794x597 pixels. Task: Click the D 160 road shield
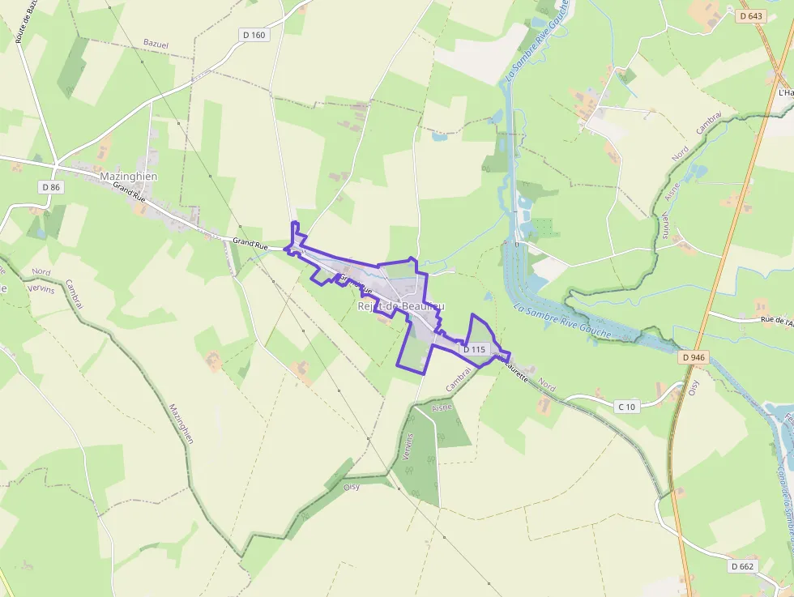pyautogui.click(x=254, y=35)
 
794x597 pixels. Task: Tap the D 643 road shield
pyautogui.click(x=751, y=15)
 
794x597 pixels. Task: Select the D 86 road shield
pyautogui.click(x=50, y=187)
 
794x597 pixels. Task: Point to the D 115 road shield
pyautogui.click(x=474, y=349)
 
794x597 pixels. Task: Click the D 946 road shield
pyautogui.click(x=694, y=356)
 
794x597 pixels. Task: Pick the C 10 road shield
pyautogui.click(x=626, y=407)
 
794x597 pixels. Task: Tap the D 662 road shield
pyautogui.click(x=742, y=566)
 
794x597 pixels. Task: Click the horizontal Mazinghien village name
pyautogui.click(x=128, y=176)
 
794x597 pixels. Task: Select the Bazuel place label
pyautogui.click(x=156, y=42)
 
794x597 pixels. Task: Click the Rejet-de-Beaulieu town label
pyautogui.click(x=401, y=306)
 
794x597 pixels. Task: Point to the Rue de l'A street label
pyautogui.click(x=765, y=321)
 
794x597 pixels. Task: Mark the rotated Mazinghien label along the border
pyautogui.click(x=181, y=424)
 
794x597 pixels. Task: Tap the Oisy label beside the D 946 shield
pyautogui.click(x=694, y=384)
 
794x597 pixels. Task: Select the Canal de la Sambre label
pyautogui.click(x=783, y=494)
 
